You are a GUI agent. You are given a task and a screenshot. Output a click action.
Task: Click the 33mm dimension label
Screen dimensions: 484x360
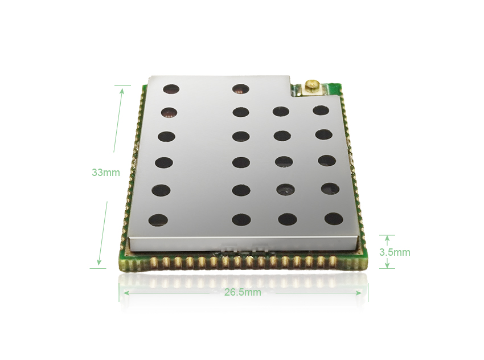coord(105,172)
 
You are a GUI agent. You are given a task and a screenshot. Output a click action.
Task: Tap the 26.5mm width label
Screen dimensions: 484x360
coord(243,292)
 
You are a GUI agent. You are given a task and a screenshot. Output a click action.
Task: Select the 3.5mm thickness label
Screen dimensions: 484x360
coord(395,252)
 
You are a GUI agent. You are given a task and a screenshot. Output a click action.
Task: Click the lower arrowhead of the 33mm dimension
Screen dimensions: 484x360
coord(99,261)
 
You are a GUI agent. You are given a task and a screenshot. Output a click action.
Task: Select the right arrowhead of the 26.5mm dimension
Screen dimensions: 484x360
coord(358,292)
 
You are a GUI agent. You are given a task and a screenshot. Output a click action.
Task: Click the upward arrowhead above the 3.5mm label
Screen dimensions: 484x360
coord(387,239)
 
